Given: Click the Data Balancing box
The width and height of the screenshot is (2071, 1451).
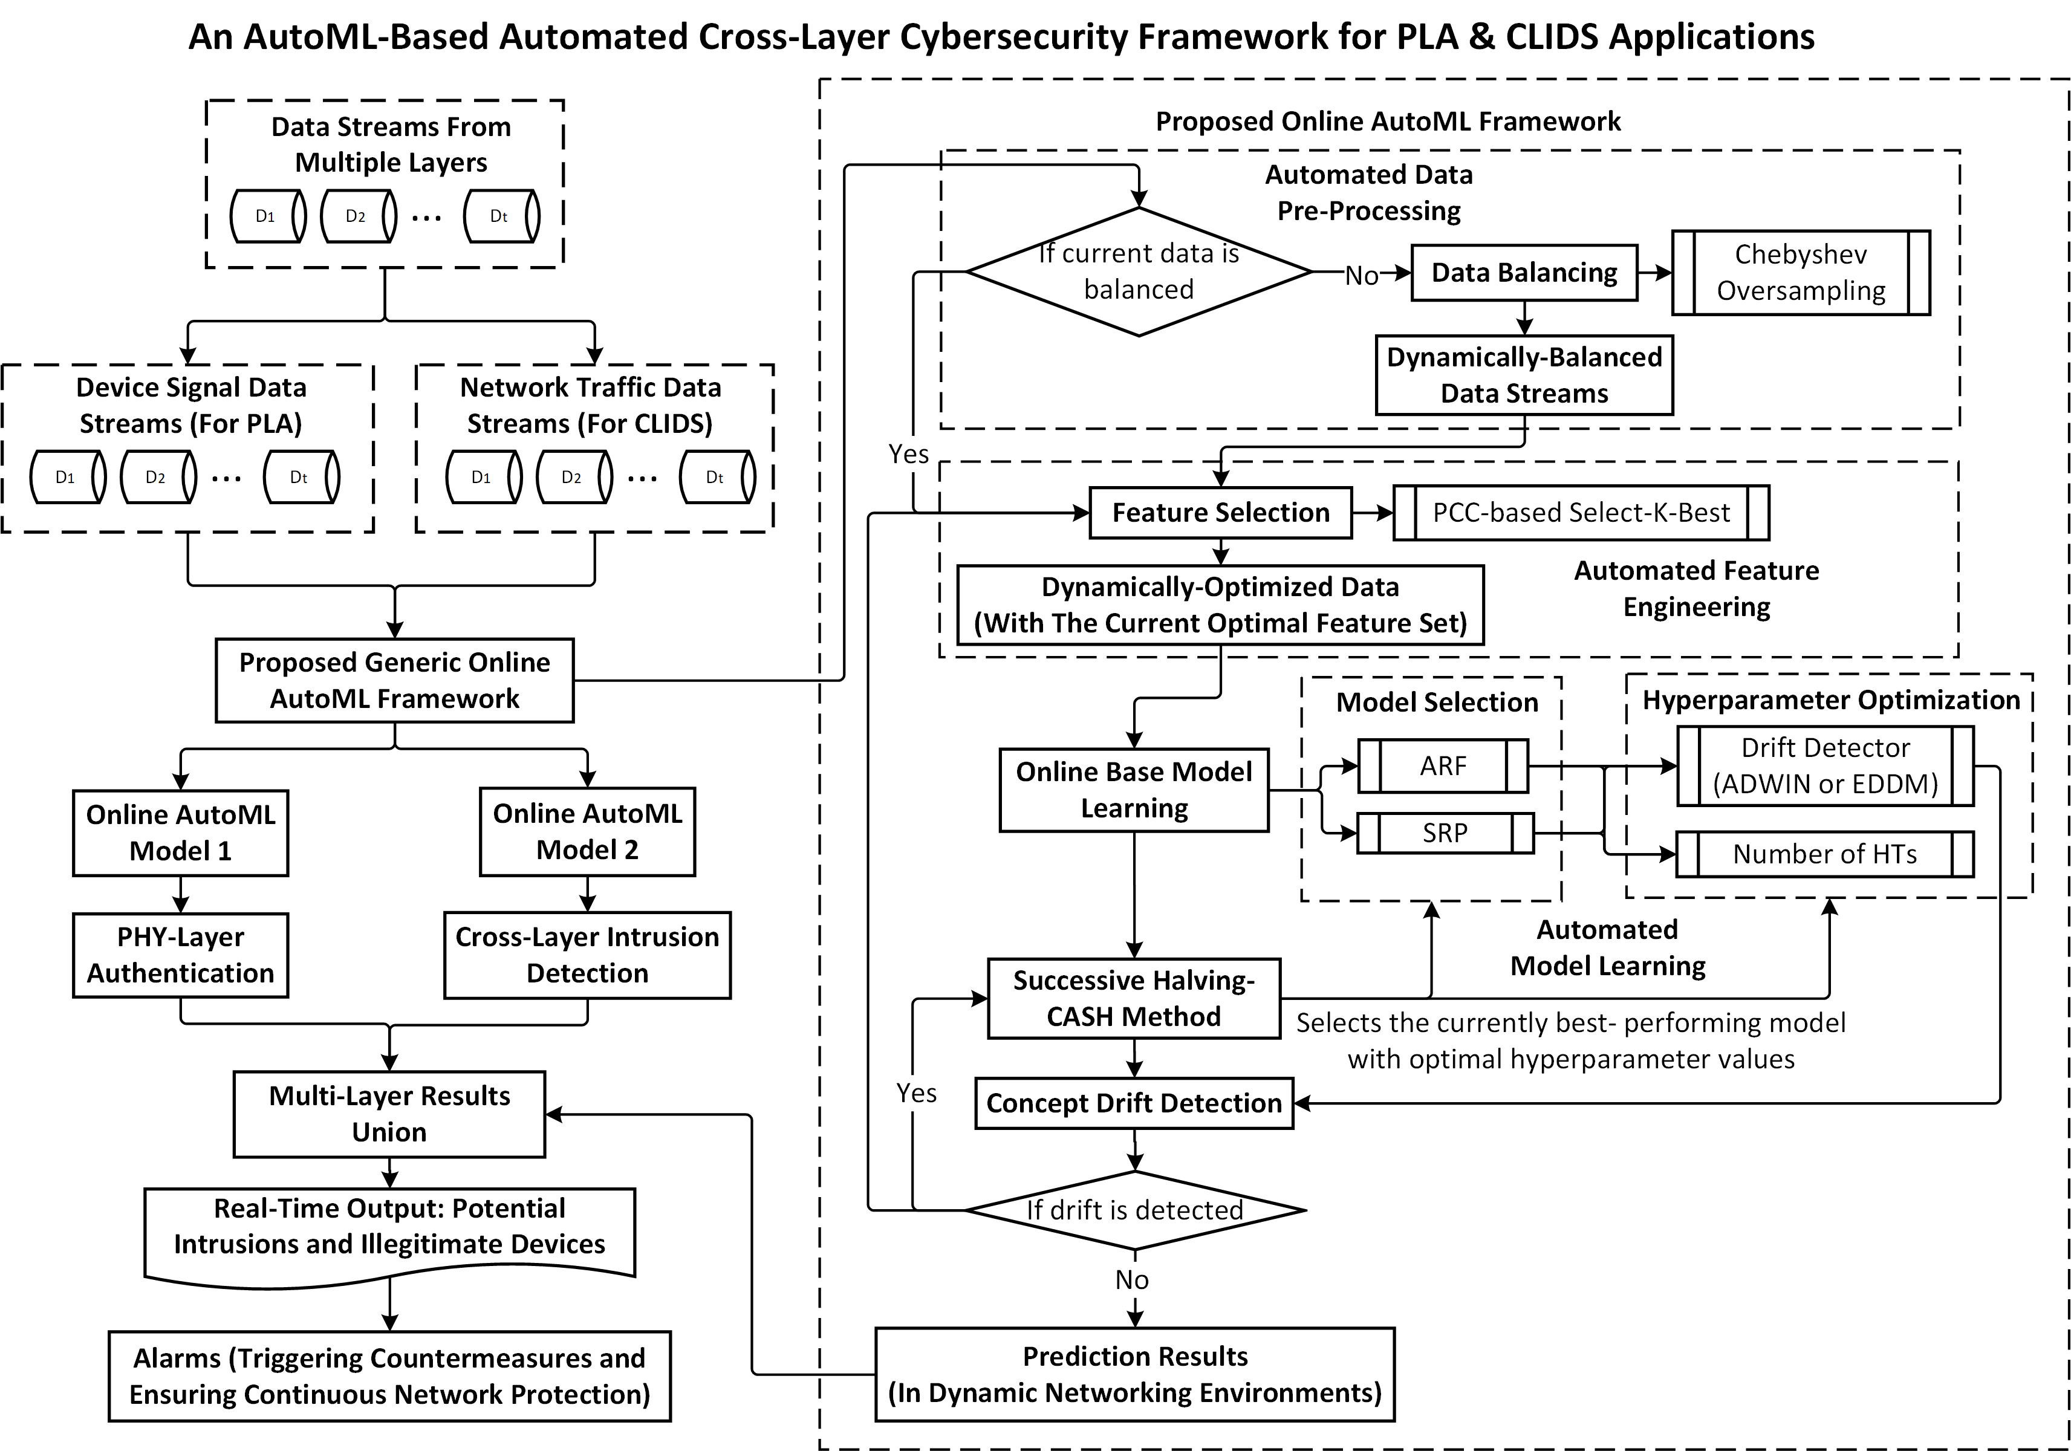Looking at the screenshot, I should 1524,272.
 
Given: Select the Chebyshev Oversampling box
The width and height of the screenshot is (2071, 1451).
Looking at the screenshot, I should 1800,272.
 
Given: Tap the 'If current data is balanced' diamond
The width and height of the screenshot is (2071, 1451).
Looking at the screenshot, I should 1139,271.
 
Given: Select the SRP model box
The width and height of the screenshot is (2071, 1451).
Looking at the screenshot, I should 1445,833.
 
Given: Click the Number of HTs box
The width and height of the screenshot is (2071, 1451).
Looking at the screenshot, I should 1824,854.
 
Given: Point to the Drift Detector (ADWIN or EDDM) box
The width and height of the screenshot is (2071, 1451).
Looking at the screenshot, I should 1824,765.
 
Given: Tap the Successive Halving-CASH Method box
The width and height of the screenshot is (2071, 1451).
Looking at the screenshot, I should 1134,998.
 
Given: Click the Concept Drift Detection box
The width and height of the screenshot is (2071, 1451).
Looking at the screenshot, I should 1134,1103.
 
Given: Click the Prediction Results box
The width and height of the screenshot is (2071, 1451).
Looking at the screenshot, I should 1135,1374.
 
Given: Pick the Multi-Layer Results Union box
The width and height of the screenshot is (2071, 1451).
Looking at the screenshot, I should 389,1114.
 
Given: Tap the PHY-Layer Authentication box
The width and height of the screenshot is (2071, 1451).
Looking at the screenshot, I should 180,955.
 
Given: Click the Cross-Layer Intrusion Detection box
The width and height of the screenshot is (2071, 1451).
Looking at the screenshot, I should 587,955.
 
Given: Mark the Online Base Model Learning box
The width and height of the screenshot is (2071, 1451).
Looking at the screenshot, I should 1134,790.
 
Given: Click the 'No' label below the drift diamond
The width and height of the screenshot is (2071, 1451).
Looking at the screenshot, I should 1132,1280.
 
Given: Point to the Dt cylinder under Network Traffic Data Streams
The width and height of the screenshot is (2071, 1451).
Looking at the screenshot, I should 717,477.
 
